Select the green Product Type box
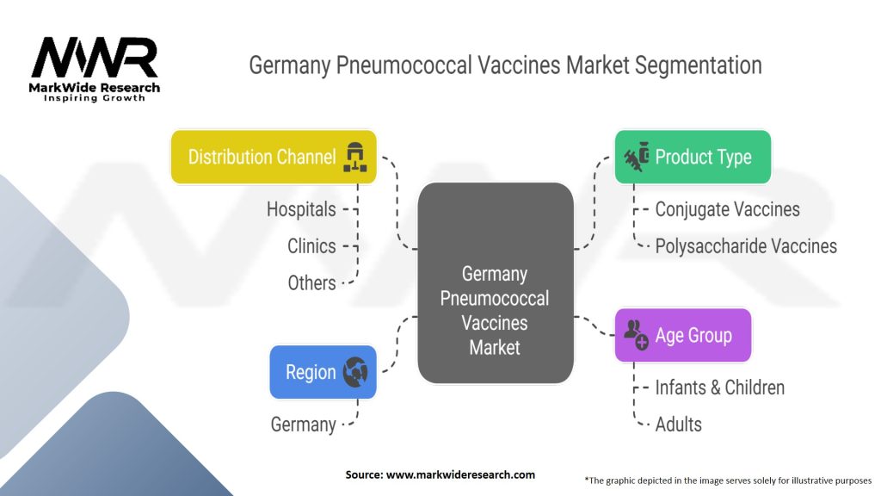693,157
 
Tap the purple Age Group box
682,335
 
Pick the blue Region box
323,372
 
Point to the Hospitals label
300,209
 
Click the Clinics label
311,246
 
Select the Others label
311,282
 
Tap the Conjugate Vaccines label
727,209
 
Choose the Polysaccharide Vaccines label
745,246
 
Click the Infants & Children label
719,387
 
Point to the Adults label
678,425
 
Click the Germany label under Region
303,425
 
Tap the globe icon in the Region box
355,372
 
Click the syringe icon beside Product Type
636,157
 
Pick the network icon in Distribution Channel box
354,157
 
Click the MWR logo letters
95,59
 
